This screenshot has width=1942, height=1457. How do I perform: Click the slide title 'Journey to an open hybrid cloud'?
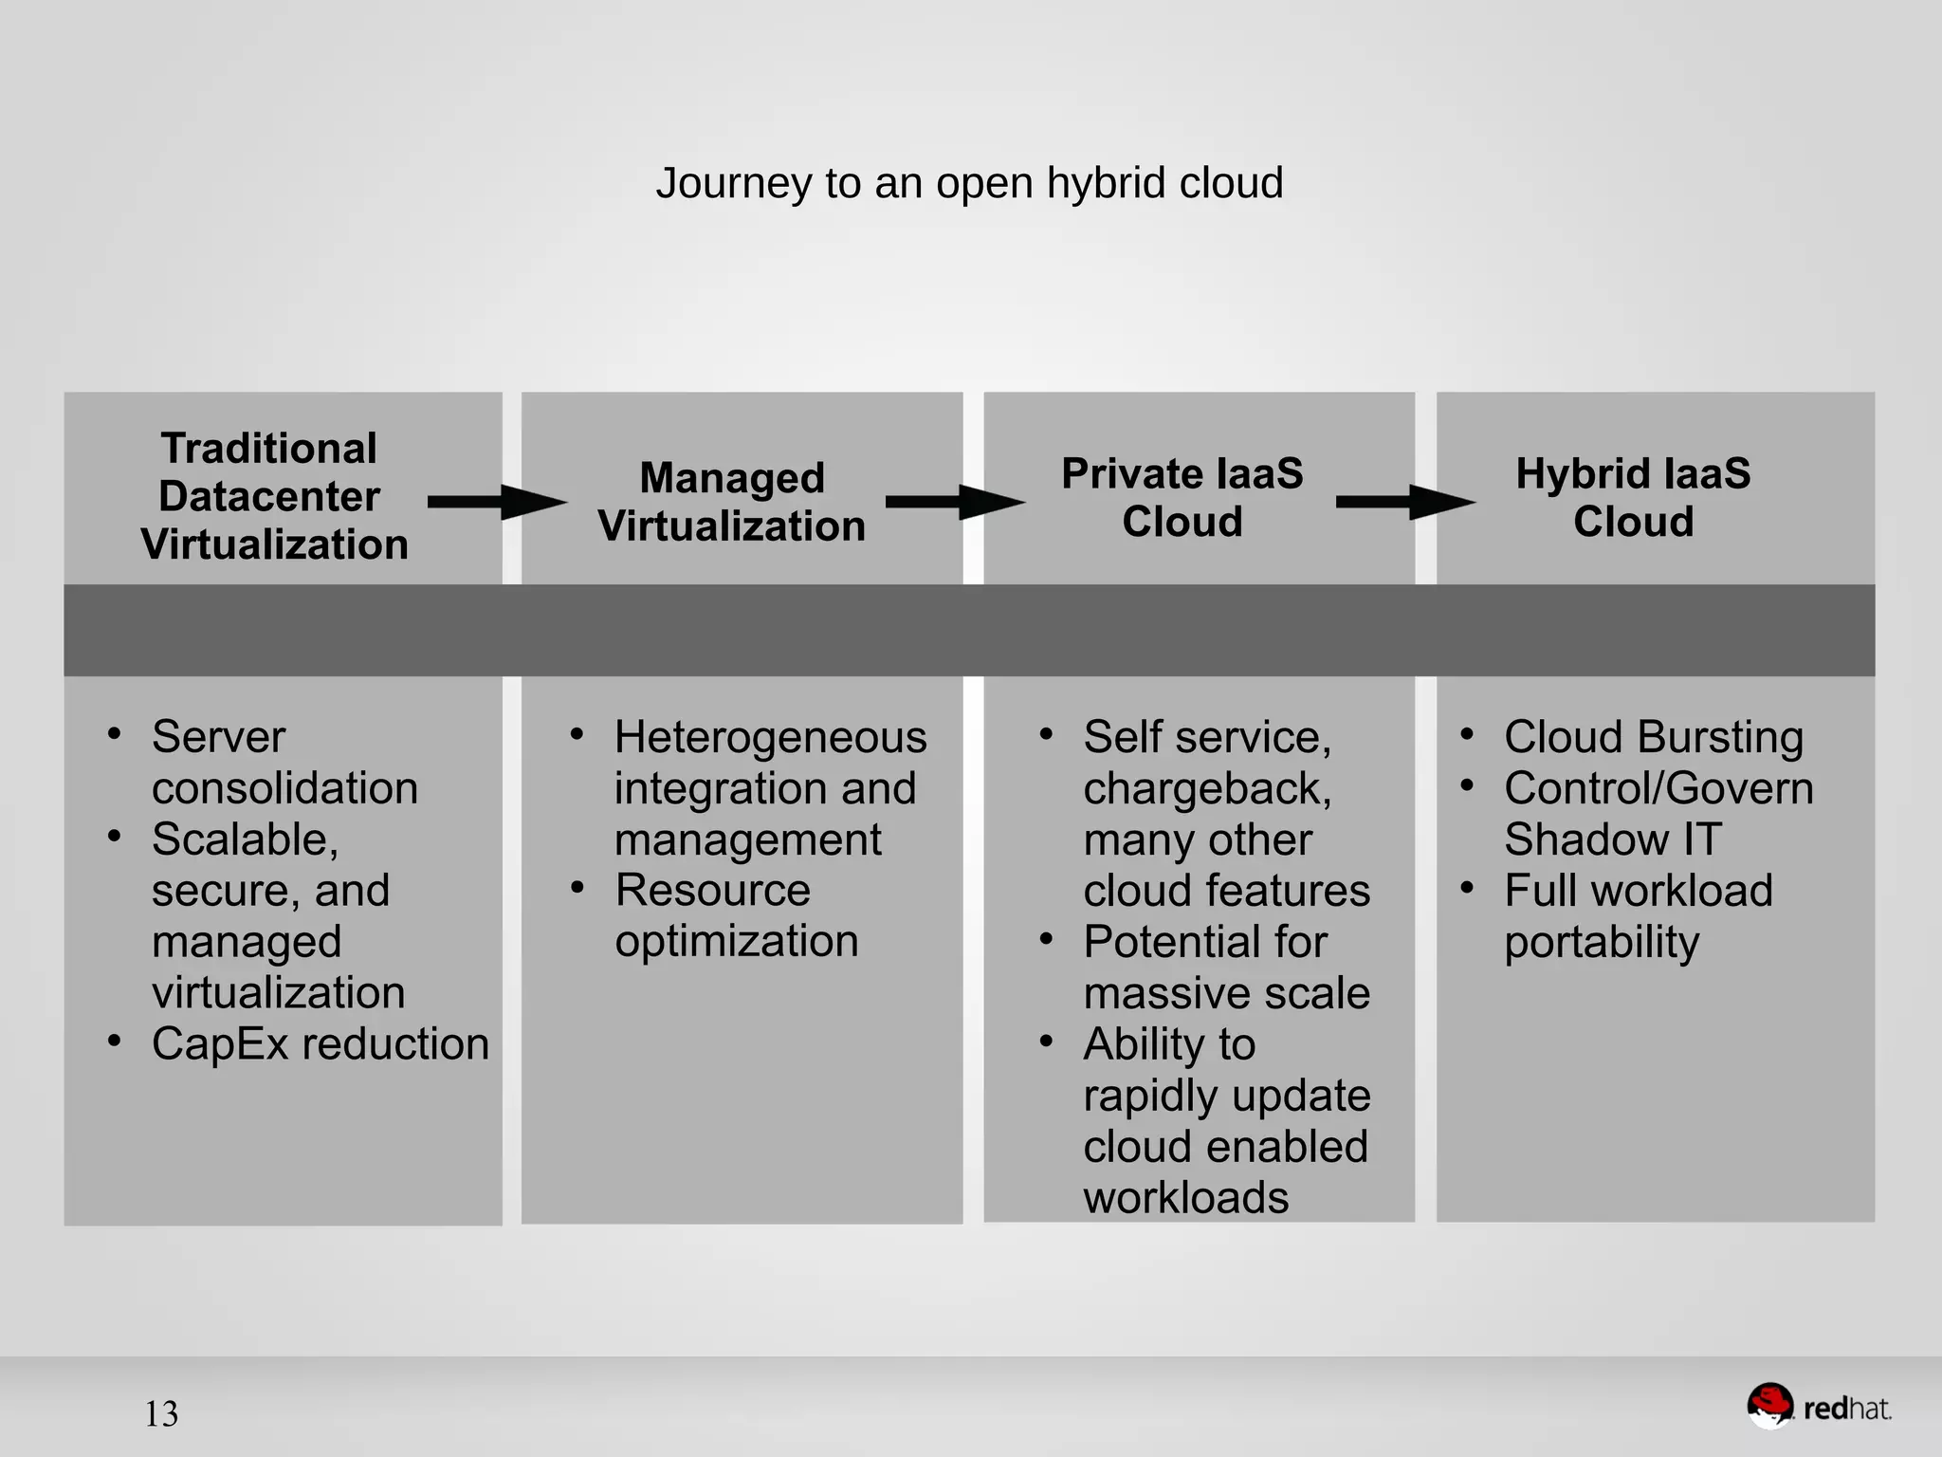pyautogui.click(x=969, y=183)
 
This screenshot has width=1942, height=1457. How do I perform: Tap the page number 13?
pyautogui.click(x=161, y=1414)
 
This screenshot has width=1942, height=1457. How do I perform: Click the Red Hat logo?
pyautogui.click(x=1819, y=1408)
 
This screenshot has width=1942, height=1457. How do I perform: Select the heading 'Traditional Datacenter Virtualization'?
pyautogui.click(x=273, y=496)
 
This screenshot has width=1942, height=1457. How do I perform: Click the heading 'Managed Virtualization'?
pyautogui.click(x=732, y=502)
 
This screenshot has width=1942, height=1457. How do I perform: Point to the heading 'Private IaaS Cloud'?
pyautogui.click(x=1182, y=497)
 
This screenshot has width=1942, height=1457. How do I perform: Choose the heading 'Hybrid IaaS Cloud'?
pyautogui.click(x=1633, y=497)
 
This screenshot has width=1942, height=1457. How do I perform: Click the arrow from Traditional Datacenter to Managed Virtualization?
pyautogui.click(x=497, y=503)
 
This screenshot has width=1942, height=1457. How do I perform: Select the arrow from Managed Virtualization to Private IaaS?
pyautogui.click(x=955, y=503)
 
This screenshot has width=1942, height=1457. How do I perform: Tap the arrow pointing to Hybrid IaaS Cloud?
pyautogui.click(x=1405, y=503)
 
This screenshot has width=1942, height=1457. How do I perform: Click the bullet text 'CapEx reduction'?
pyautogui.click(x=321, y=1044)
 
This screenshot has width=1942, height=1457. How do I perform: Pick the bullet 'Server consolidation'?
pyautogui.click(x=284, y=763)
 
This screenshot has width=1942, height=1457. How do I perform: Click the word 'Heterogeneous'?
pyautogui.click(x=770, y=737)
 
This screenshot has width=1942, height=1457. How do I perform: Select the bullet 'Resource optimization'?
pyautogui.click(x=737, y=915)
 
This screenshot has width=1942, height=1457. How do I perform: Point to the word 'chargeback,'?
pyautogui.click(x=1207, y=789)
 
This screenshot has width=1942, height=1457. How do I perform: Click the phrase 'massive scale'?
pyautogui.click(x=1227, y=993)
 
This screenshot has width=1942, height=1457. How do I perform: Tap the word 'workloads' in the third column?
pyautogui.click(x=1186, y=1198)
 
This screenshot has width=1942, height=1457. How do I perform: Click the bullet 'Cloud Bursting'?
pyautogui.click(x=1654, y=737)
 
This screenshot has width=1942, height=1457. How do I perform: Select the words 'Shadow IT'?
pyautogui.click(x=1612, y=839)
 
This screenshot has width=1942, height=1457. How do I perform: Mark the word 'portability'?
pyautogui.click(x=1602, y=942)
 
